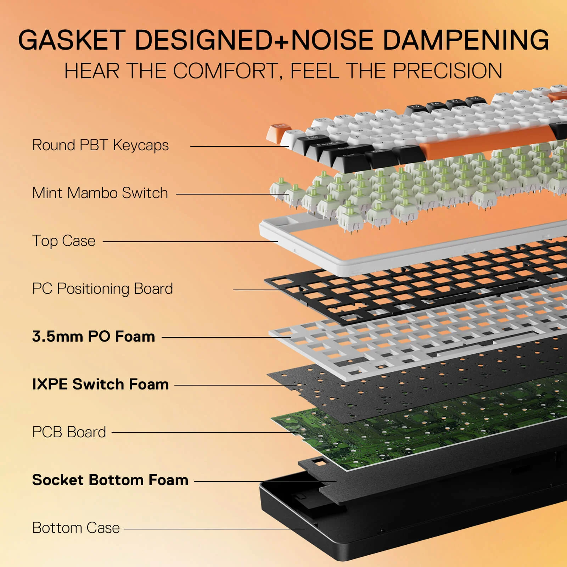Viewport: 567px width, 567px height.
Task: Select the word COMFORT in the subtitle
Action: click(x=225, y=71)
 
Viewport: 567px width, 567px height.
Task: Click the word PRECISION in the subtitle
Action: click(x=448, y=71)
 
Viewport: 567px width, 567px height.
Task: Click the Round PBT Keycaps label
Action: click(x=100, y=145)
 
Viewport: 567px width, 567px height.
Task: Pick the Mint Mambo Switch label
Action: click(x=100, y=193)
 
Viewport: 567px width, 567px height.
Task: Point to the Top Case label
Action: click(x=64, y=241)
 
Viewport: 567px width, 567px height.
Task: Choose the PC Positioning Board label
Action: click(x=102, y=289)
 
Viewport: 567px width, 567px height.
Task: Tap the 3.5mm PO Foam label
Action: click(x=94, y=337)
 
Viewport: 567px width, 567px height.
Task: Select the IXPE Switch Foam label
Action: click(x=100, y=384)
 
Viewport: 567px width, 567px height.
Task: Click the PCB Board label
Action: click(x=69, y=432)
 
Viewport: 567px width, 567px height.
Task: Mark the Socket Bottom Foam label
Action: click(x=110, y=480)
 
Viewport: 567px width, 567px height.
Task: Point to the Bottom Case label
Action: click(x=76, y=528)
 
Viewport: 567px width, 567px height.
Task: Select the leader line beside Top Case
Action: click(x=190, y=242)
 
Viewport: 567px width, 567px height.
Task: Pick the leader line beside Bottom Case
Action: click(x=214, y=529)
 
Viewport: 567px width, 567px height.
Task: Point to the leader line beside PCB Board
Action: click(x=202, y=432)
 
